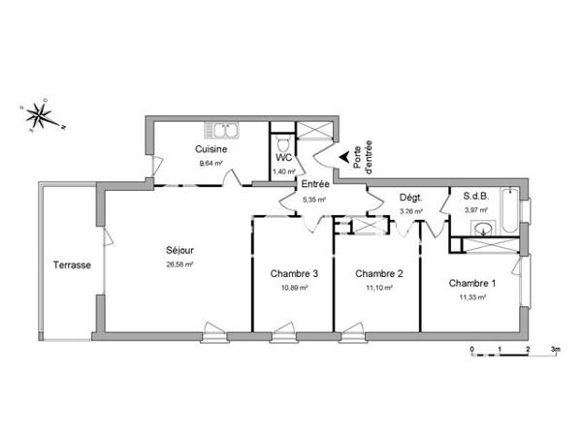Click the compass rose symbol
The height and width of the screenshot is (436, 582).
click(39, 115)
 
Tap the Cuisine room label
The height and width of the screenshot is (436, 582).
click(211, 149)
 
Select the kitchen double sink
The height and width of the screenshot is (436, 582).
click(222, 129)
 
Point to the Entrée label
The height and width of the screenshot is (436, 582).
click(314, 184)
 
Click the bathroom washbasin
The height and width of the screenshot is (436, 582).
click(482, 229)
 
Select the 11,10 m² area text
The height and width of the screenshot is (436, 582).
click(378, 288)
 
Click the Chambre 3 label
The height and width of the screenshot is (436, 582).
click(294, 273)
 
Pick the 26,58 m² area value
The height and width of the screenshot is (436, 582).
click(179, 264)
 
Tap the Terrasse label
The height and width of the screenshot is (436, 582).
click(73, 264)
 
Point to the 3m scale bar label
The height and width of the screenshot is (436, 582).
click(557, 347)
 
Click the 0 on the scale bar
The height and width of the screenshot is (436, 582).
click(471, 347)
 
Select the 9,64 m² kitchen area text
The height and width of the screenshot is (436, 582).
click(210, 164)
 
